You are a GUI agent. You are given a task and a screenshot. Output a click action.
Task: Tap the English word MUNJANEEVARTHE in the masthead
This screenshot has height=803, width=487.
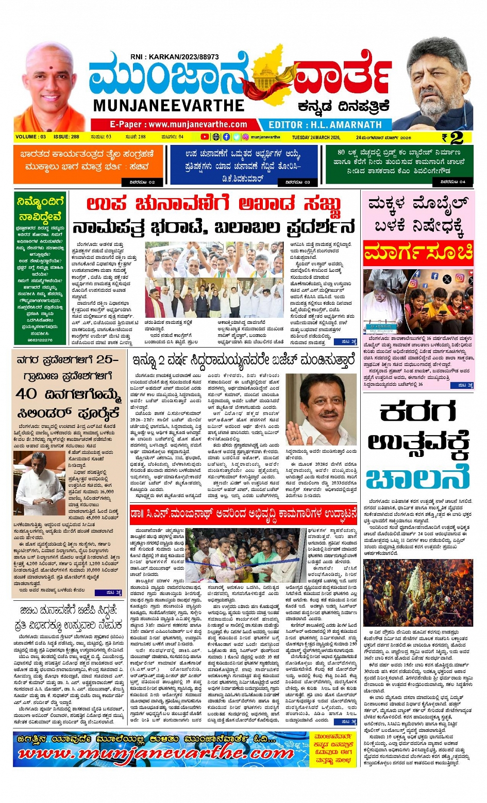(x=169, y=105)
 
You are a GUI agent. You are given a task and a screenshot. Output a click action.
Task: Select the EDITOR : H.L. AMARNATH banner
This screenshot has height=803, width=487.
(x=326, y=125)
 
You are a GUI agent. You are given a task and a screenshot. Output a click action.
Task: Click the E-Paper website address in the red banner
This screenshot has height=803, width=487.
(x=178, y=125)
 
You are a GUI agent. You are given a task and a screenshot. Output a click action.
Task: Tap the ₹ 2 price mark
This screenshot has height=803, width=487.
(x=452, y=138)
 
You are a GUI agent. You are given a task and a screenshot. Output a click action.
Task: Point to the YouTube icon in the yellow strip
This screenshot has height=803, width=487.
(x=205, y=137)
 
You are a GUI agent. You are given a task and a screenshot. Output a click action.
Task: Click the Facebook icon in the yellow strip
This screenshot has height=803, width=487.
(x=226, y=137)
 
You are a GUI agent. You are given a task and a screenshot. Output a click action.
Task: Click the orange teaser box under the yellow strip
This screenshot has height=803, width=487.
(x=88, y=164)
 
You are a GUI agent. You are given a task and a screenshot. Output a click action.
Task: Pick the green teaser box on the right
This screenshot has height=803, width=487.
(x=399, y=165)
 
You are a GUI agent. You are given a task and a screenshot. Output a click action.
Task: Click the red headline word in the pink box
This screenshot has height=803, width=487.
(x=418, y=253)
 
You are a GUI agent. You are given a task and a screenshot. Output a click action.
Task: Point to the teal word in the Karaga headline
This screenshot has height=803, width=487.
(x=418, y=479)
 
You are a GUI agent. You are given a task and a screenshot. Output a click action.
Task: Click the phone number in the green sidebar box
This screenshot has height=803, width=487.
(x=40, y=340)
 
